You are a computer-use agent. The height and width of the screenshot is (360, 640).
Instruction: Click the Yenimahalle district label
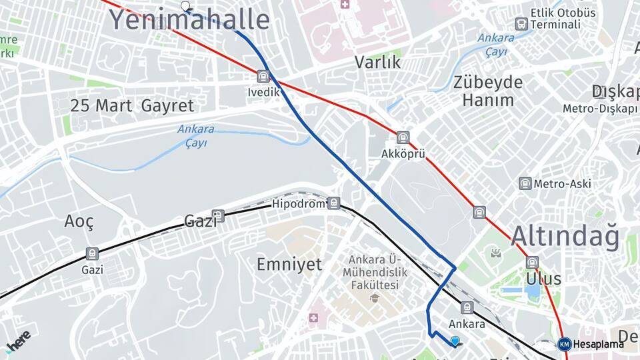[x=189, y=20]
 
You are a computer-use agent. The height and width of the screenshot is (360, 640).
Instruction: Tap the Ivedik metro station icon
[x=263, y=77]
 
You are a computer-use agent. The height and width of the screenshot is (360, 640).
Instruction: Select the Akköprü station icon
[x=403, y=138]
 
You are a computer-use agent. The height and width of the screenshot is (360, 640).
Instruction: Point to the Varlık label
[x=377, y=62]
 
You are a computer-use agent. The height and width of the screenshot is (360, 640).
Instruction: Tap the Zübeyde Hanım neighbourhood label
[x=488, y=91]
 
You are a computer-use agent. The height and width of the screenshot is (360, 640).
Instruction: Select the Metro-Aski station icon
[x=525, y=183]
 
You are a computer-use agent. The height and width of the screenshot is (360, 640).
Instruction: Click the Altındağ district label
[x=565, y=237]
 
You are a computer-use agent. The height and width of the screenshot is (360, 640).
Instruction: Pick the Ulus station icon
[x=532, y=263]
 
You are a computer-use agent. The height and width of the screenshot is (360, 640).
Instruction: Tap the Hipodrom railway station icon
[x=333, y=203]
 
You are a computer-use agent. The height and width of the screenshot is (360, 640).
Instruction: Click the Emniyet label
[x=289, y=264]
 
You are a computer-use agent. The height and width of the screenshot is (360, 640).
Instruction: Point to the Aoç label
[x=79, y=221]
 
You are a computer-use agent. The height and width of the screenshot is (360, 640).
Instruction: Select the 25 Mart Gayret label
[x=132, y=105]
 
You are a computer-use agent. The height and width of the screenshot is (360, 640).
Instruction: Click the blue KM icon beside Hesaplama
[x=564, y=344]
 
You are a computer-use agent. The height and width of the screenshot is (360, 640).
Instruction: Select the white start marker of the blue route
[x=185, y=7]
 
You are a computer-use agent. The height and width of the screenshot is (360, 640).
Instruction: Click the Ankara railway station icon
[x=467, y=307]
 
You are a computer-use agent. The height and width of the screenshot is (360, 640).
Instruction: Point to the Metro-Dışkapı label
[x=600, y=108]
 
